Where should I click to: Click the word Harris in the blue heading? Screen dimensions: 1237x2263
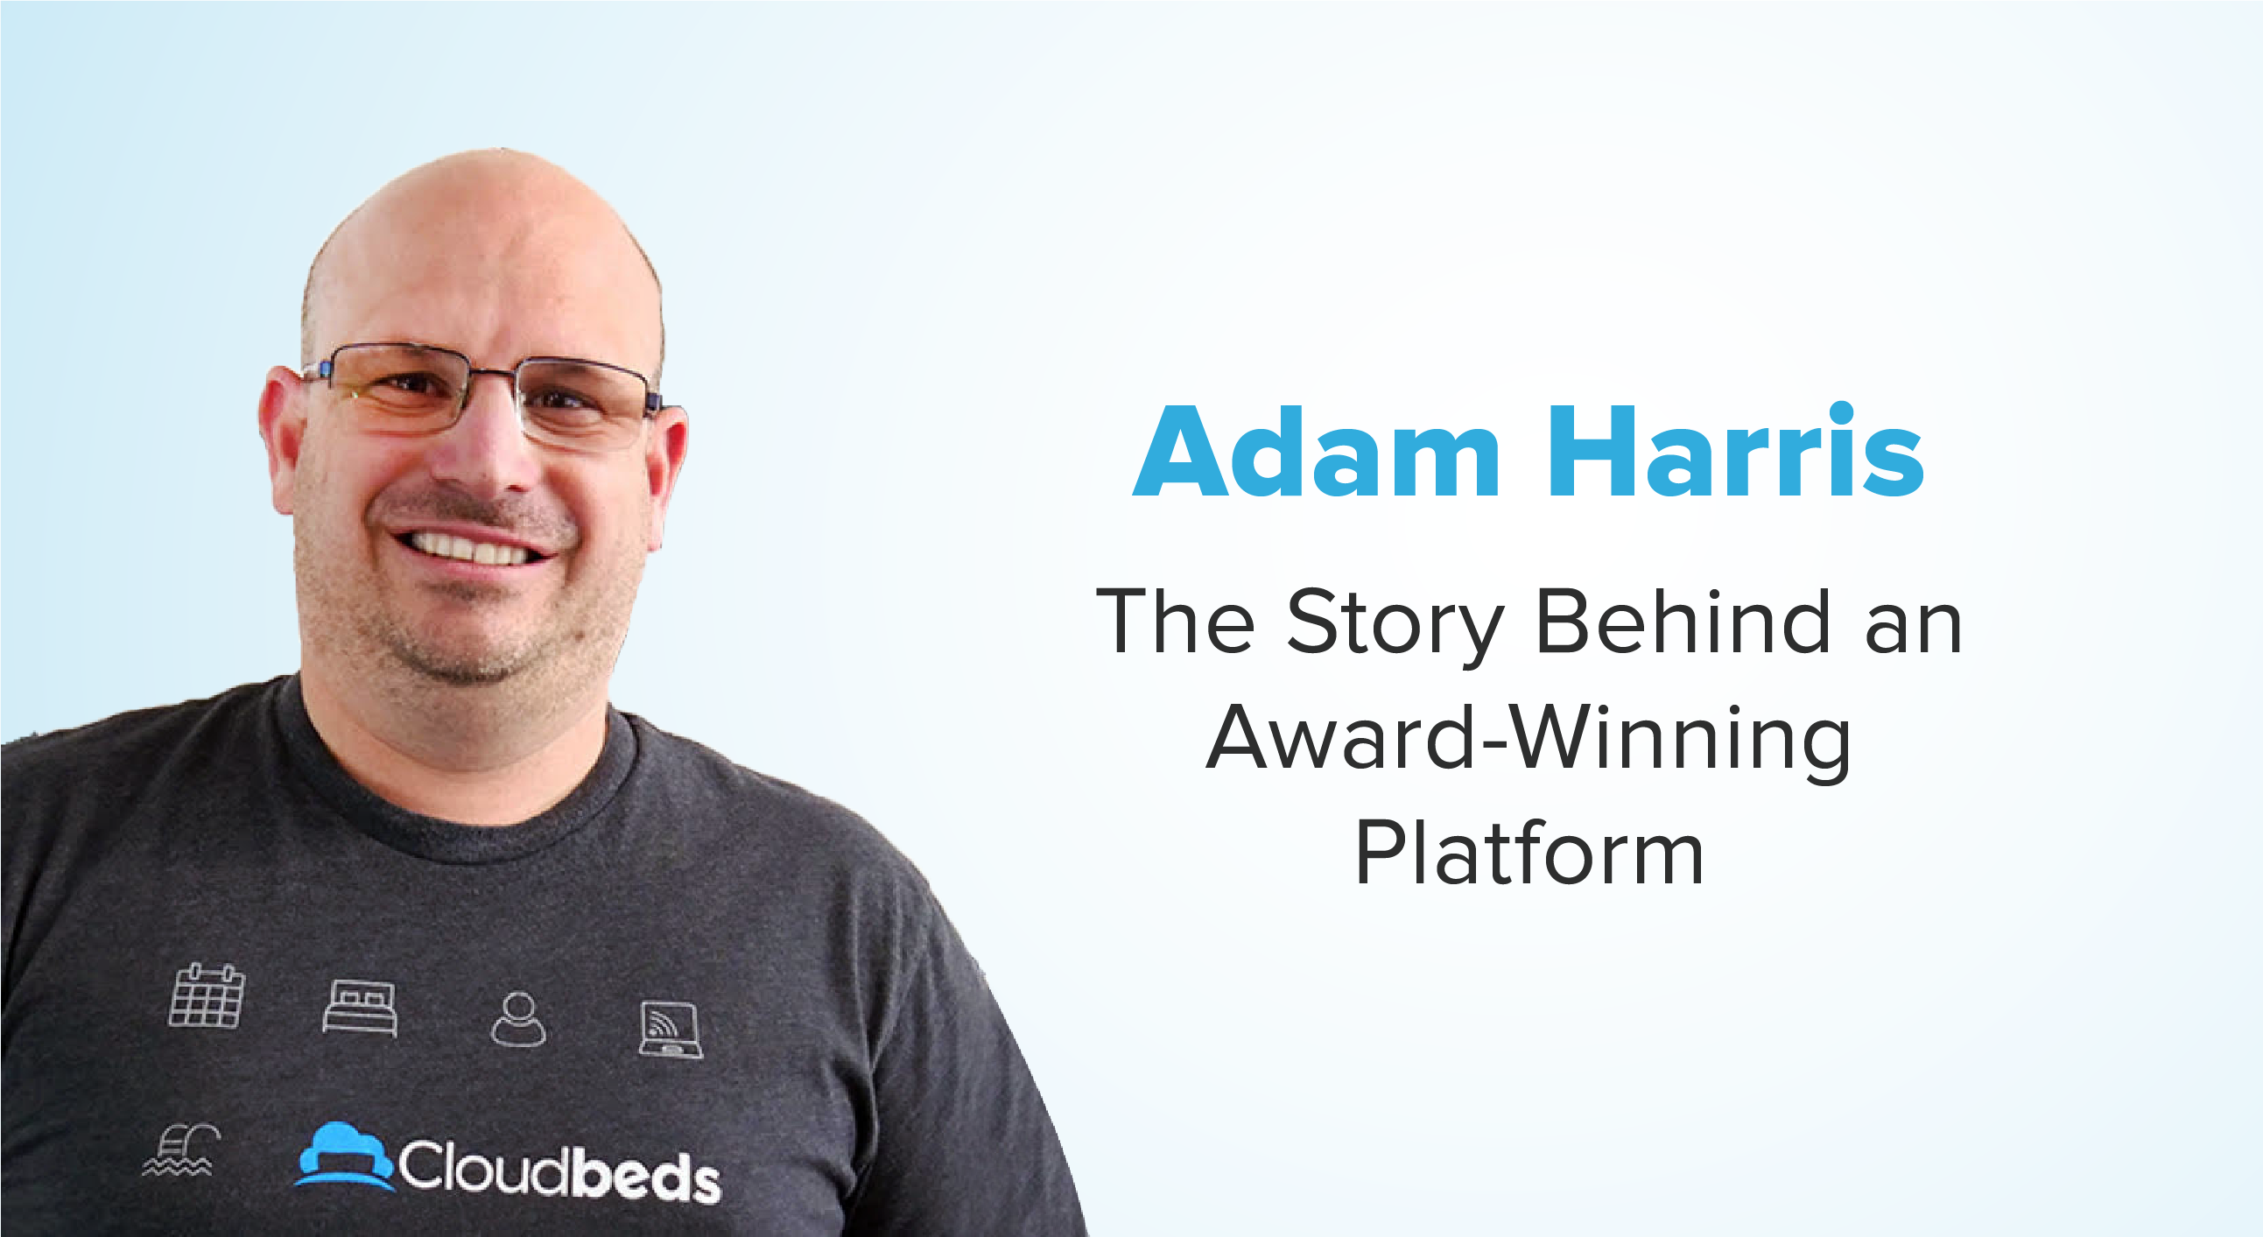click(x=1735, y=453)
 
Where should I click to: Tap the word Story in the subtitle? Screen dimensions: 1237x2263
click(x=1396, y=625)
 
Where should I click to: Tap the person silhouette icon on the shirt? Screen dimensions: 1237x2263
click(x=518, y=1019)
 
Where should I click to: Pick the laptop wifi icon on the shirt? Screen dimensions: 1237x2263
click(x=671, y=1030)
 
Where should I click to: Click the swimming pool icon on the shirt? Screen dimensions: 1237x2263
click(x=180, y=1149)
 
